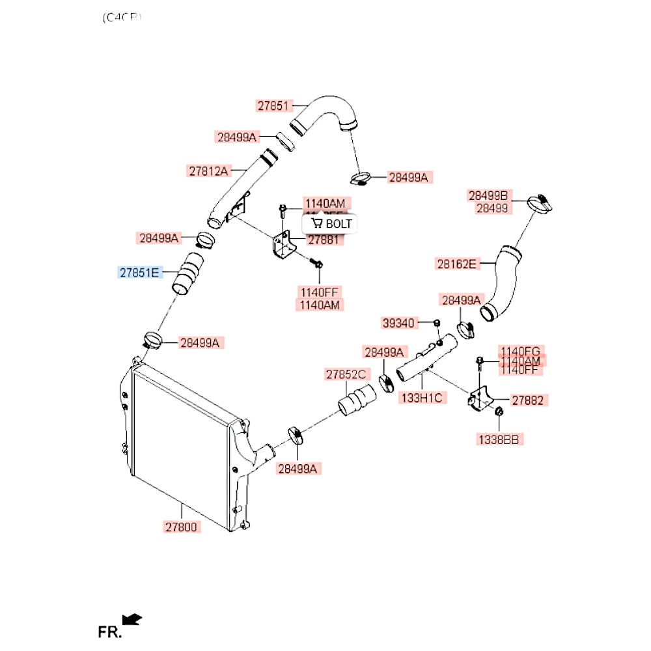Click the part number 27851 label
coord(272,105)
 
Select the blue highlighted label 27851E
coord(138,272)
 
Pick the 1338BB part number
coord(500,439)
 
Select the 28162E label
coord(456,264)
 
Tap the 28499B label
coord(490,195)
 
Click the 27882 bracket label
coord(527,400)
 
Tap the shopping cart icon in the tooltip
coord(317,223)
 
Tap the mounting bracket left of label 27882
coord(480,398)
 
